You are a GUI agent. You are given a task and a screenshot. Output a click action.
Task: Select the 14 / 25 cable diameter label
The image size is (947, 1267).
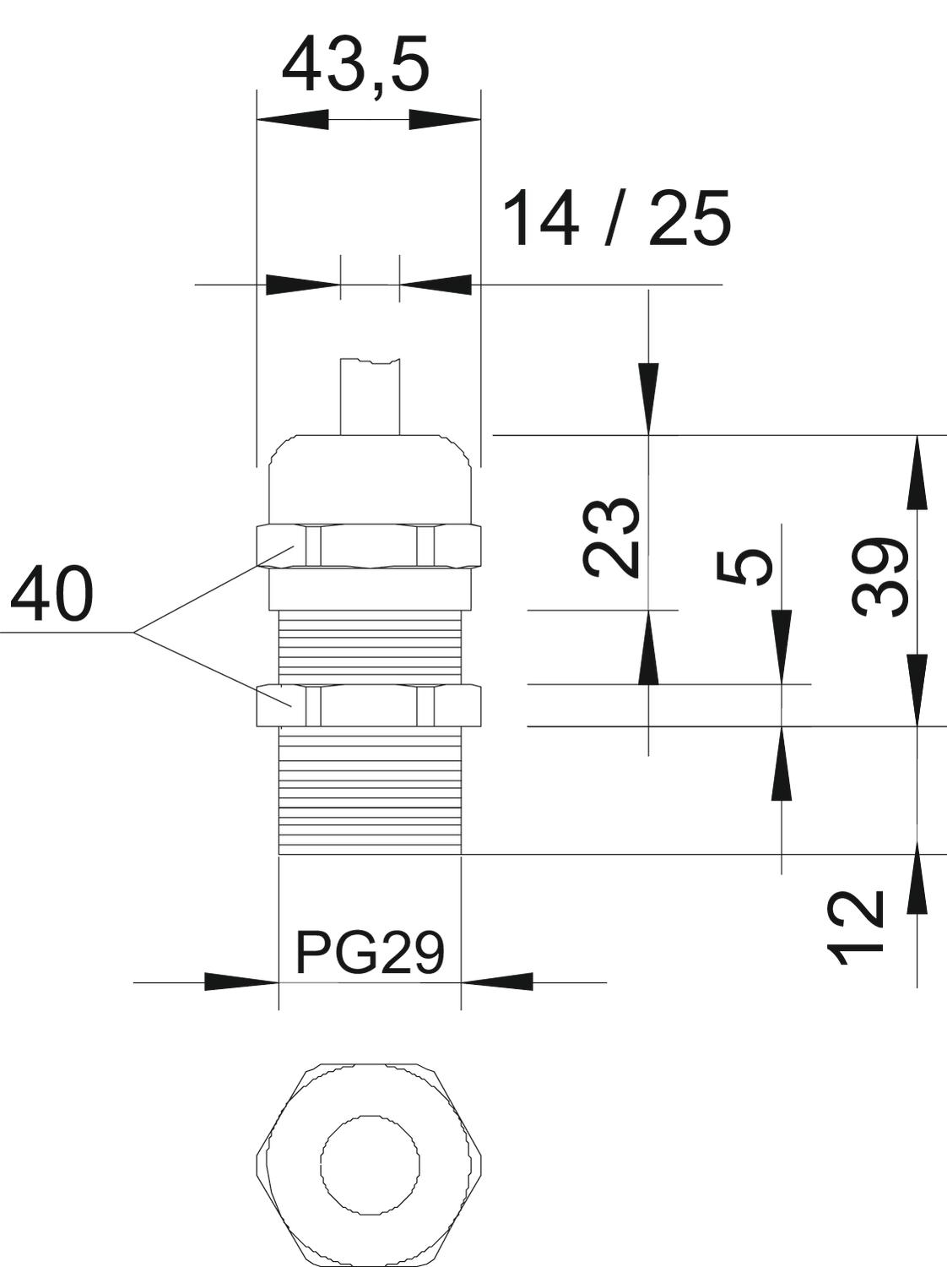[617, 219]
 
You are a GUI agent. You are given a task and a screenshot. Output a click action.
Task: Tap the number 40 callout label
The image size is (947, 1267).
[51, 594]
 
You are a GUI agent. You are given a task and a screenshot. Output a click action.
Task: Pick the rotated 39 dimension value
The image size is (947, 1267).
[879, 577]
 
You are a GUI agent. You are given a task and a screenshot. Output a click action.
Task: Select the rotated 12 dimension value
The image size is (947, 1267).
[855, 928]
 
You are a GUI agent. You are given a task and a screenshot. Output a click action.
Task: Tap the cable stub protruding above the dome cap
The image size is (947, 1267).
[371, 396]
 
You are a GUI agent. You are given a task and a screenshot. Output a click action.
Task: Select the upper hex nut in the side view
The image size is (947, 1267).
[369, 546]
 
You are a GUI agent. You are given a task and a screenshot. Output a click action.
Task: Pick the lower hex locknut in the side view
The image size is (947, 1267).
[369, 704]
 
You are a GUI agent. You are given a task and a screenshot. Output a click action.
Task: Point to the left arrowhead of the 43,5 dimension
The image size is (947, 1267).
[292, 120]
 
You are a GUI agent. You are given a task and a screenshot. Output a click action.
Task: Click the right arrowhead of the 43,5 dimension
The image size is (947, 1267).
[445, 120]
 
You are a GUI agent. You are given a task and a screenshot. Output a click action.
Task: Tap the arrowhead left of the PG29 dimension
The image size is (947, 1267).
[241, 982]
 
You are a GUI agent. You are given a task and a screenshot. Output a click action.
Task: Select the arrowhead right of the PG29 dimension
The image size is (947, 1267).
[497, 982]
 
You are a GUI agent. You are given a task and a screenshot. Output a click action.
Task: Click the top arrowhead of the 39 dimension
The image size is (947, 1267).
[917, 473]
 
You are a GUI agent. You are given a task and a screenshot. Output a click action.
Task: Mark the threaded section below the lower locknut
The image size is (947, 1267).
[370, 790]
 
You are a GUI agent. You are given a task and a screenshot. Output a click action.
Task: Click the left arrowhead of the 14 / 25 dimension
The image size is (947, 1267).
[302, 285]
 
